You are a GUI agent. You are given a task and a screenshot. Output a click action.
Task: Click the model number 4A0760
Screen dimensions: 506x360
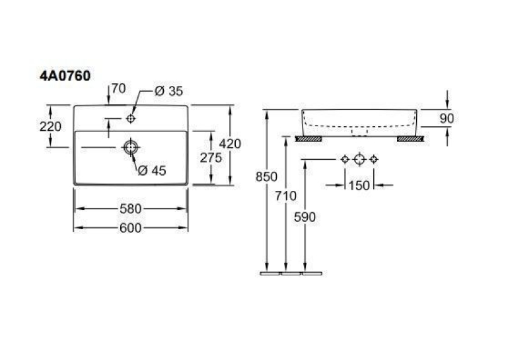65,76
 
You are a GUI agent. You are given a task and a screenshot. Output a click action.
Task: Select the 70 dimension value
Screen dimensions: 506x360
119,89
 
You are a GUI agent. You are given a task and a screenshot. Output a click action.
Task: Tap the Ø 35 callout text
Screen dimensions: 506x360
168,91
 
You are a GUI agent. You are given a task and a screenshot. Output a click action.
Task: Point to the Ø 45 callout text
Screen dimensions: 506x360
152,170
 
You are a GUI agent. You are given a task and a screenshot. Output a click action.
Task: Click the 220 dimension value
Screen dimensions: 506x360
50,126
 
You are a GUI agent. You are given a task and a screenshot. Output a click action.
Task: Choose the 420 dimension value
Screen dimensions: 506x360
230,143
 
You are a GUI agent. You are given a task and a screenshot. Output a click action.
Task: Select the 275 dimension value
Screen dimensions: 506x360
211,158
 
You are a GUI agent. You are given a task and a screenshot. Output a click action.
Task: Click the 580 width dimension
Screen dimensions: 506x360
131,209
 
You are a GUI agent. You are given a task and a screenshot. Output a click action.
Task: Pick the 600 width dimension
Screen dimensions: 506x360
131,228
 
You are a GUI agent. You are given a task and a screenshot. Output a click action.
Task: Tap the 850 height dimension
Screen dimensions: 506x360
266,177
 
